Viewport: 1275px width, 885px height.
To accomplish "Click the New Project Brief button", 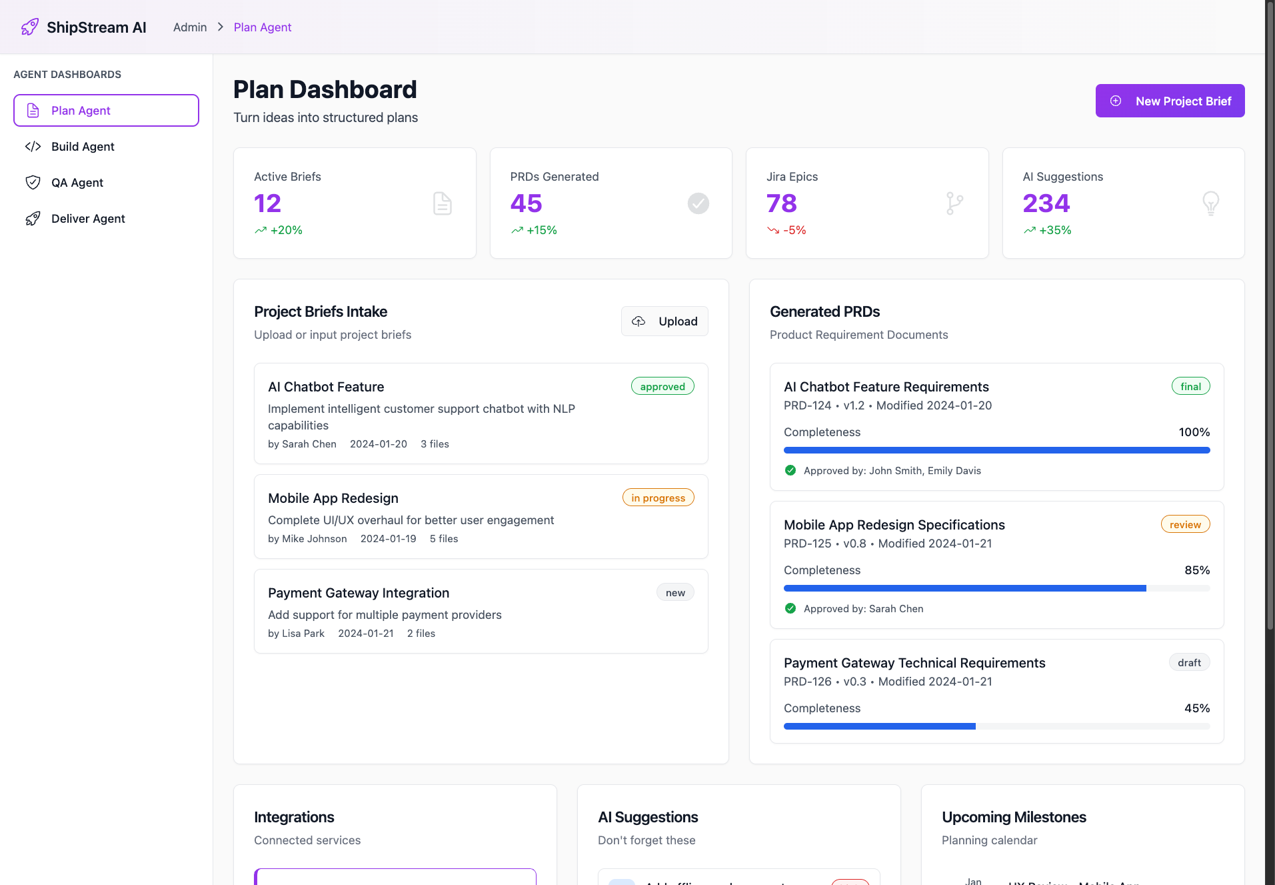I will tap(1170, 101).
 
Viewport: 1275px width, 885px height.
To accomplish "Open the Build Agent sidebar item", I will tap(83, 147).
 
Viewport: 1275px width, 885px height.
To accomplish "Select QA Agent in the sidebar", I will tap(77, 183).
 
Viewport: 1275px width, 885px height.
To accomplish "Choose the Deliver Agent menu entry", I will tap(88, 219).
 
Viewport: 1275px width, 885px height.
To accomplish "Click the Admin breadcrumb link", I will tap(190, 27).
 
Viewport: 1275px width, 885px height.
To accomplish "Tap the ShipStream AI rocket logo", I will tap(30, 27).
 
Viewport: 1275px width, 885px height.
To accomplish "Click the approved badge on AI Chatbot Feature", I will tap(662, 387).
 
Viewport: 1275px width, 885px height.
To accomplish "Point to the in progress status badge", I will tap(658, 498).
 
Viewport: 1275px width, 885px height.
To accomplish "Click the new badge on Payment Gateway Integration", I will tap(675, 593).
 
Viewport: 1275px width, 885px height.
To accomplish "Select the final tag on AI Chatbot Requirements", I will tap(1190, 387).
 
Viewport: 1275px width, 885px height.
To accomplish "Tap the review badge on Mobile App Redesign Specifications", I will tap(1185, 525).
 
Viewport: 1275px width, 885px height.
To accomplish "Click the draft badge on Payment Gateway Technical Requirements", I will tap(1189, 663).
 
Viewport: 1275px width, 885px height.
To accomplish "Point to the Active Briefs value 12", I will tap(267, 203).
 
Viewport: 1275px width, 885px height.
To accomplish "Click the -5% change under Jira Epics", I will tap(794, 230).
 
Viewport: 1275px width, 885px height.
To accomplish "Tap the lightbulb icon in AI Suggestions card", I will tap(1210, 203).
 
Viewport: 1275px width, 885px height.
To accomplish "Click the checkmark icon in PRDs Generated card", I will tap(698, 203).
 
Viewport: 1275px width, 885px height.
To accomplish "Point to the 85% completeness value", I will tap(1197, 570).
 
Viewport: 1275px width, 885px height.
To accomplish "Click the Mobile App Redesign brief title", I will tap(333, 498).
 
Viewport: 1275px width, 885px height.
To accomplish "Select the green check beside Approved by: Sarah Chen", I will tap(790, 608).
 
